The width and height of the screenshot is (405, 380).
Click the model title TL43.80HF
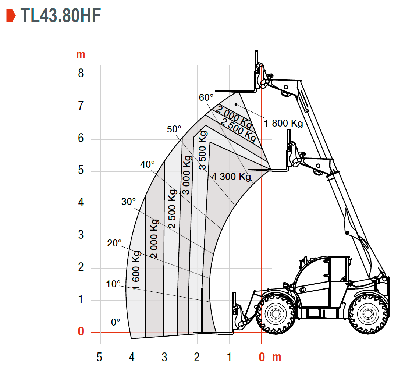pos(61,15)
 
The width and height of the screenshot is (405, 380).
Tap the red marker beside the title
pos(11,15)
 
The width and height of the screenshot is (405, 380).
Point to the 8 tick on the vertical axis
pos(81,73)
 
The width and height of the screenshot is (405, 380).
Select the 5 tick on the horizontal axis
pos(99,357)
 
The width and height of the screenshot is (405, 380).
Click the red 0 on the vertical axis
pos(81,331)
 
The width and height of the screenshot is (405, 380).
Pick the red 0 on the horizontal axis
pos(262,357)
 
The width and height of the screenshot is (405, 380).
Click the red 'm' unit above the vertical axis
pos(81,55)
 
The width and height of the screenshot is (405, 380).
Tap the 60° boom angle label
pos(206,97)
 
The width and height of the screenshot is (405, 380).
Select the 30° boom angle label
pos(128,202)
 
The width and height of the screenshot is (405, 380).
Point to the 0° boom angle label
pos(116,322)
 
